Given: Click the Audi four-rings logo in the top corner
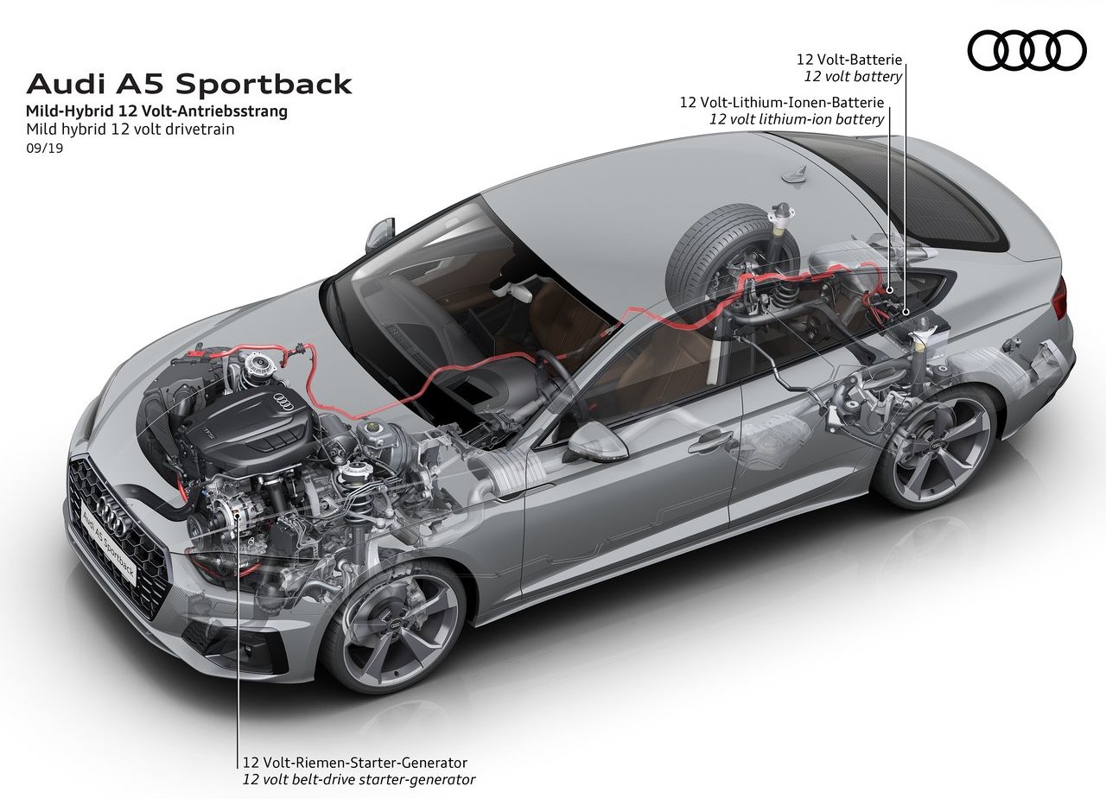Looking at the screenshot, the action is point(1027,50).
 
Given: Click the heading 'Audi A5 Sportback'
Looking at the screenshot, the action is point(189,84).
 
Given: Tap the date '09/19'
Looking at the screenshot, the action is point(44,148).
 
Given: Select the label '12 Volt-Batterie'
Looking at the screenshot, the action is point(849,60).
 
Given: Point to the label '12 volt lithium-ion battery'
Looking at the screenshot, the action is point(797,119).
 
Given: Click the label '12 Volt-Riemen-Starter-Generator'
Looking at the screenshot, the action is point(354,763).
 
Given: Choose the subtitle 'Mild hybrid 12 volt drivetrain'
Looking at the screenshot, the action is point(130,130).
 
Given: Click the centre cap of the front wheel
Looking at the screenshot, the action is point(397,625).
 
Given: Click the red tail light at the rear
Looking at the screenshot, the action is point(1060,300).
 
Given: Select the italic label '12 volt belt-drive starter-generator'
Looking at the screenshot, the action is point(359,780).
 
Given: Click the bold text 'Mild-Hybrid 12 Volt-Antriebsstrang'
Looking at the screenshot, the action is point(156,111).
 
